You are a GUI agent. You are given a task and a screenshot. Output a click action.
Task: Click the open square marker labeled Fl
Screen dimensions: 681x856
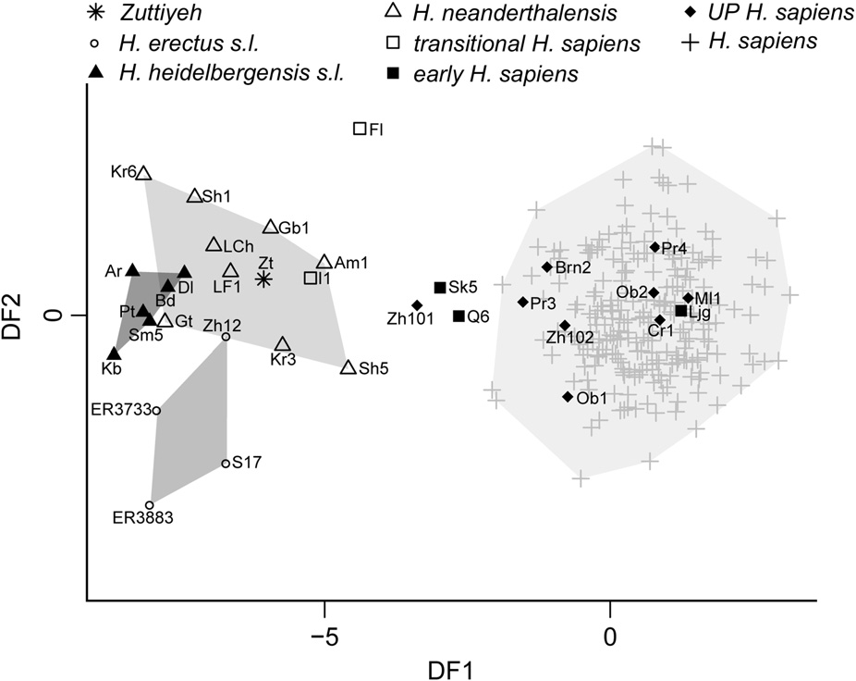coord(360,129)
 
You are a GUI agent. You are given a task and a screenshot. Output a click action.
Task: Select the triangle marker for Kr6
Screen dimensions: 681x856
coord(144,173)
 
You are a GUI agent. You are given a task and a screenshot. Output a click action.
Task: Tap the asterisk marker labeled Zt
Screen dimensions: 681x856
coord(264,279)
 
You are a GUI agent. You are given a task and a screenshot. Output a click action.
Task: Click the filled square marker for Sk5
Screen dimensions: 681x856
coord(440,288)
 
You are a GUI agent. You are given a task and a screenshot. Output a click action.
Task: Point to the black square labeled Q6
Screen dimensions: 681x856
coord(459,316)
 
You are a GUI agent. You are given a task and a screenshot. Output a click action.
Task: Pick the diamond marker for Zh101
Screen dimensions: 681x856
coord(417,305)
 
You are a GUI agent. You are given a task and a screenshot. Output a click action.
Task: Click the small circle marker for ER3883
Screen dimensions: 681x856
coord(150,504)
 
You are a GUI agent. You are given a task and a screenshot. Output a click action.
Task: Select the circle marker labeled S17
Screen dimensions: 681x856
coord(226,464)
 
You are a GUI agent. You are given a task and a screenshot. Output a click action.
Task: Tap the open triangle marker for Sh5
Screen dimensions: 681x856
coord(348,367)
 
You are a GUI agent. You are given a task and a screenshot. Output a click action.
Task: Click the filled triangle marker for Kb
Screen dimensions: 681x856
coord(114,353)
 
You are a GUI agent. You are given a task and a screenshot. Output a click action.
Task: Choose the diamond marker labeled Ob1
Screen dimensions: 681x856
coord(568,397)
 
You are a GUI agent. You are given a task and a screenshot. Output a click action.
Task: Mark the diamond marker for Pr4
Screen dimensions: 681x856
coord(654,247)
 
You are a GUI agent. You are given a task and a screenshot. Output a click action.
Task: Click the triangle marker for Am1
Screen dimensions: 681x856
coord(324,263)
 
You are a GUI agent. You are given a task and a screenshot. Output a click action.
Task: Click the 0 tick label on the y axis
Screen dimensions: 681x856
coord(53,316)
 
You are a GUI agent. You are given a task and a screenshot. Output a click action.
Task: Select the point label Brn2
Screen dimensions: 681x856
coord(573,267)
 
